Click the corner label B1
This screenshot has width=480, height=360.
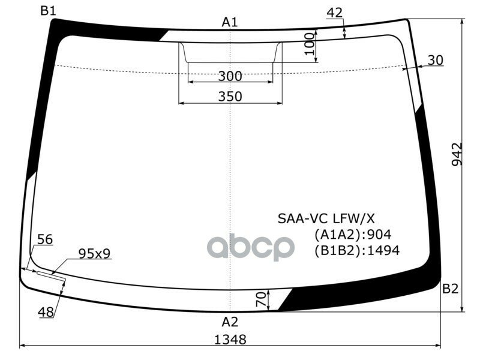tap(48, 10)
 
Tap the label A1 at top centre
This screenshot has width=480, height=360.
tap(230, 22)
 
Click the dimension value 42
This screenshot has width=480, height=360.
tap(335, 13)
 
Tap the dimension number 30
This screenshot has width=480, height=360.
tap(436, 60)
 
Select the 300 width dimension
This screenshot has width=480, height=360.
tap(230, 76)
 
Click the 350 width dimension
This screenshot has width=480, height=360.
tap(230, 96)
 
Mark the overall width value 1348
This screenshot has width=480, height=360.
tap(230, 339)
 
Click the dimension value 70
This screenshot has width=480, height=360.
tap(260, 299)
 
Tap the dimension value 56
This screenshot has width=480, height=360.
tap(44, 239)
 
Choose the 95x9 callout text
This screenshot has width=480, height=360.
tap(94, 254)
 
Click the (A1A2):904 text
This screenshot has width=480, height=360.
tap(353, 235)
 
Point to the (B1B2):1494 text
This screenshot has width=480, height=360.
tap(356, 250)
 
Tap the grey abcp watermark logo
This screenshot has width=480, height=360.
tap(251, 247)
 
